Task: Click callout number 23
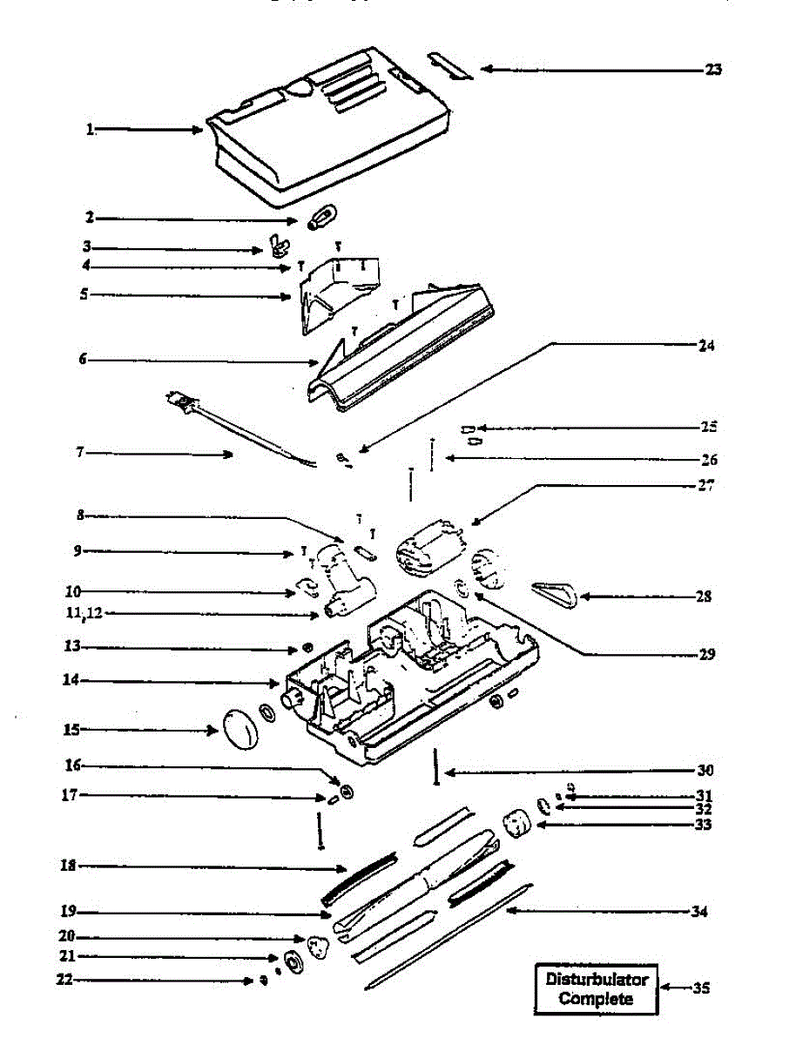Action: tap(712, 71)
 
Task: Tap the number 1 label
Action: tap(89, 130)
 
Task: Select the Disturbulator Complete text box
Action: tap(597, 988)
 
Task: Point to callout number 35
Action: tap(702, 988)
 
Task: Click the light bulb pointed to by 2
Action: tap(323, 216)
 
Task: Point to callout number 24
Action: tap(706, 346)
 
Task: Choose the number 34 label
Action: tap(698, 912)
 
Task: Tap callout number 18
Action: tap(68, 866)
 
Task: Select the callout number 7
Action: tap(80, 453)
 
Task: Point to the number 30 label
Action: tap(705, 771)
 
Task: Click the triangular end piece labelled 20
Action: tap(318, 945)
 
